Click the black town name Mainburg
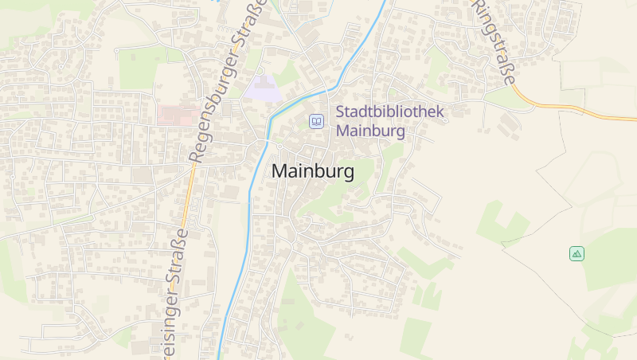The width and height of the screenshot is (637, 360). (313, 171)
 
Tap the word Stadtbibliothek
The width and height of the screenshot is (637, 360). (390, 113)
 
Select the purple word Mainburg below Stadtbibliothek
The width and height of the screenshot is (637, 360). (371, 131)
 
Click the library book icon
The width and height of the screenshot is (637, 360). (317, 121)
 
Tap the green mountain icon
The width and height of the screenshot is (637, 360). (577, 253)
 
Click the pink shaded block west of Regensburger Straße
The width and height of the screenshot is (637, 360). (177, 115)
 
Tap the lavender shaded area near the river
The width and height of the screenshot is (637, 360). (263, 87)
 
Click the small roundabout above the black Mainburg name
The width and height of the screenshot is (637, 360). (280, 147)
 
